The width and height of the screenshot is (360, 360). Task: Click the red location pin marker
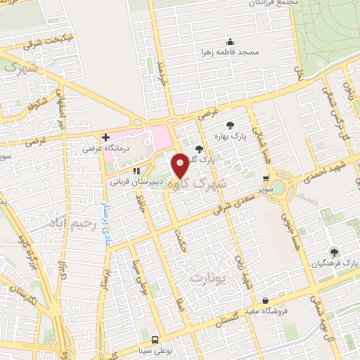[x=181, y=165]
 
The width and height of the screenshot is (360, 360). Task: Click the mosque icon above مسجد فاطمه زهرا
[x=229, y=41]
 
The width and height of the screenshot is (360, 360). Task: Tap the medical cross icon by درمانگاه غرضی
[x=105, y=137]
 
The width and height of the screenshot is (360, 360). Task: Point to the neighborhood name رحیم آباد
[x=72, y=222]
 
